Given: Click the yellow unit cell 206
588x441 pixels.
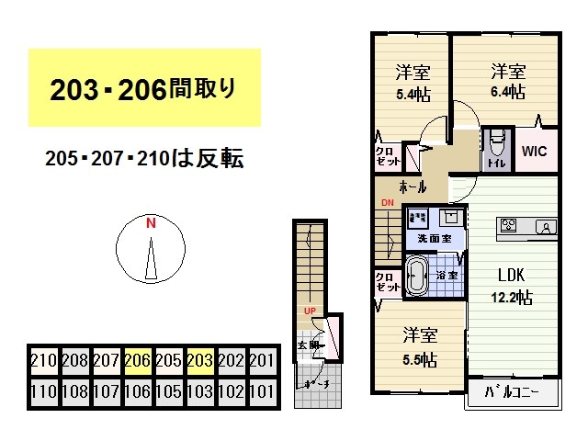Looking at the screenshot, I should [x=137, y=359].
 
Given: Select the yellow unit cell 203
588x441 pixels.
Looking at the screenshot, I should [x=199, y=359].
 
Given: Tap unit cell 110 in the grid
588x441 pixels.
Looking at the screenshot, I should [x=43, y=390].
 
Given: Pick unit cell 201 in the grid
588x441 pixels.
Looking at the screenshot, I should [x=262, y=359].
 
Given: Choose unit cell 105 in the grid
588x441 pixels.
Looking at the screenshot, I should [x=168, y=390].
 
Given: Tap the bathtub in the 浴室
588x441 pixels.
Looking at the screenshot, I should [x=418, y=276].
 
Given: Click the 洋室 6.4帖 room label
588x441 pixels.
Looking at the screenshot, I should [x=507, y=80].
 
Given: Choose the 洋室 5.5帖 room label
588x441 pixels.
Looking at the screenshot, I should [x=418, y=345].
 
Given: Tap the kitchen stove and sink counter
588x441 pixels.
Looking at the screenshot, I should [x=526, y=227].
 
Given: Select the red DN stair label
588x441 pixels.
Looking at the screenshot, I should [x=387, y=203].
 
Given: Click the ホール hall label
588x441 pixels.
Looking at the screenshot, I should [x=413, y=187].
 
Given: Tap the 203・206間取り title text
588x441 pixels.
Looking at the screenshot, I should [x=143, y=88].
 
